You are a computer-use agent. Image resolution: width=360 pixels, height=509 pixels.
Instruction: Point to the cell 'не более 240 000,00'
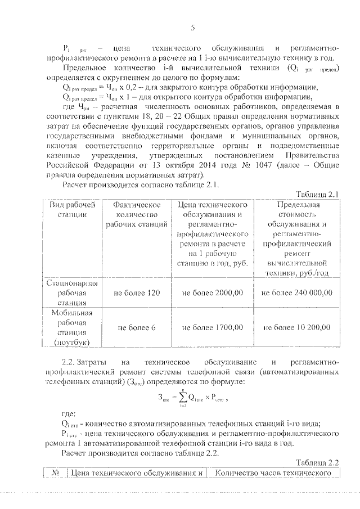click(298, 293)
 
